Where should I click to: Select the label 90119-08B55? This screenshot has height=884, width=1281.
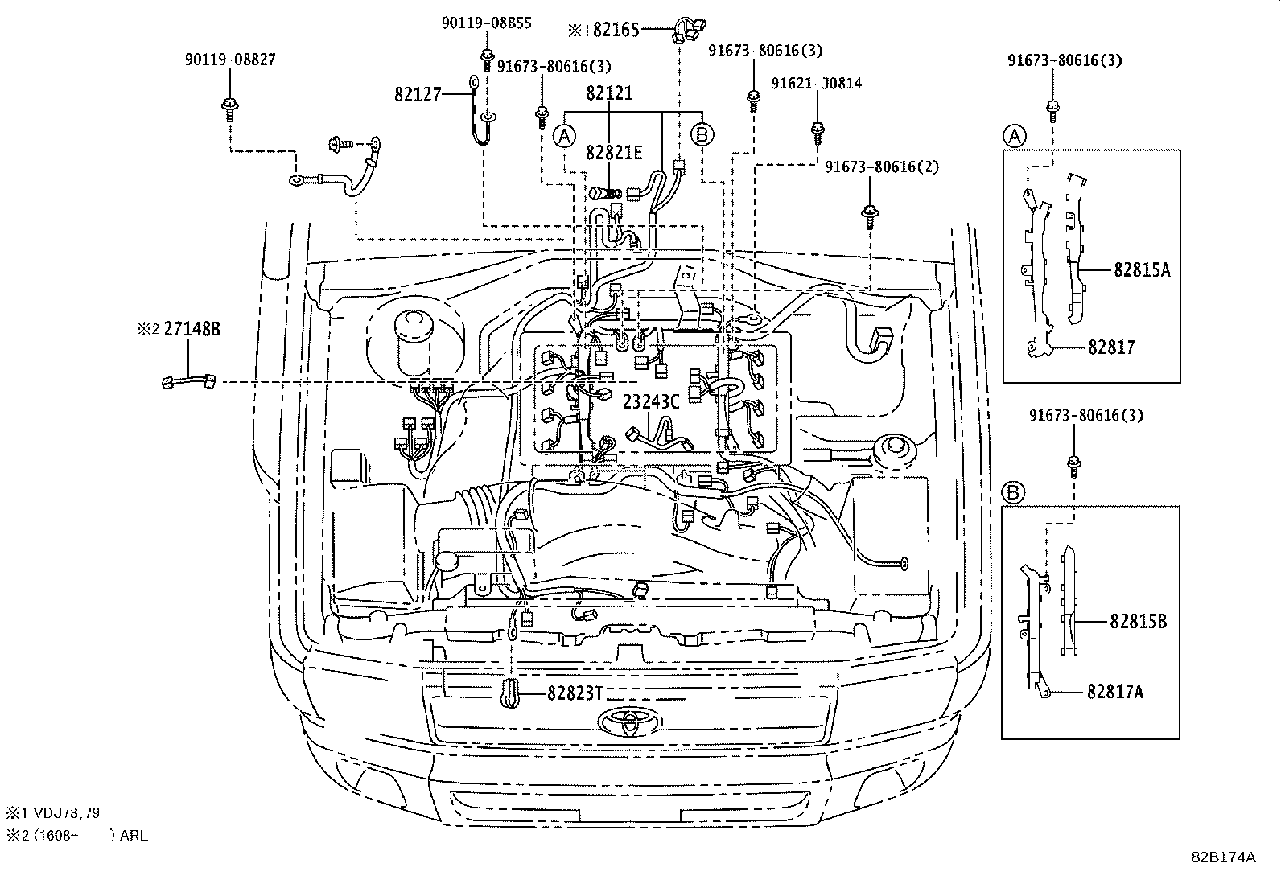(486, 23)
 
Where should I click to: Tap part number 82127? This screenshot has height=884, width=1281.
(418, 94)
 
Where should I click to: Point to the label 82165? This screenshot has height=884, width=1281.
(616, 31)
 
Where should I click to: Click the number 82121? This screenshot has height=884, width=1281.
(609, 93)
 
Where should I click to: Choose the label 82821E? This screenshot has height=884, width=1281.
(615, 152)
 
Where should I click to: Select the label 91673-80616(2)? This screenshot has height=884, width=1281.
(881, 167)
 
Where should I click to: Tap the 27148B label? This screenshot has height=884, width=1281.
(192, 328)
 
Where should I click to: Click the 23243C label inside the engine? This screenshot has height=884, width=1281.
(651, 402)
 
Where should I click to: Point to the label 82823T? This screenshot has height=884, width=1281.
(575, 692)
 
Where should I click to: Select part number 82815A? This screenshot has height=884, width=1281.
(1142, 270)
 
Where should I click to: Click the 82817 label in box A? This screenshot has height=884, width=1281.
(1111, 347)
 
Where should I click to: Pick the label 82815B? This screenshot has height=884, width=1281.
(1139, 621)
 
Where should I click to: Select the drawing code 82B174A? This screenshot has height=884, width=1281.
(1223, 857)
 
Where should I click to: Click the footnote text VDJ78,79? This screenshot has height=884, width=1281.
(64, 813)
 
